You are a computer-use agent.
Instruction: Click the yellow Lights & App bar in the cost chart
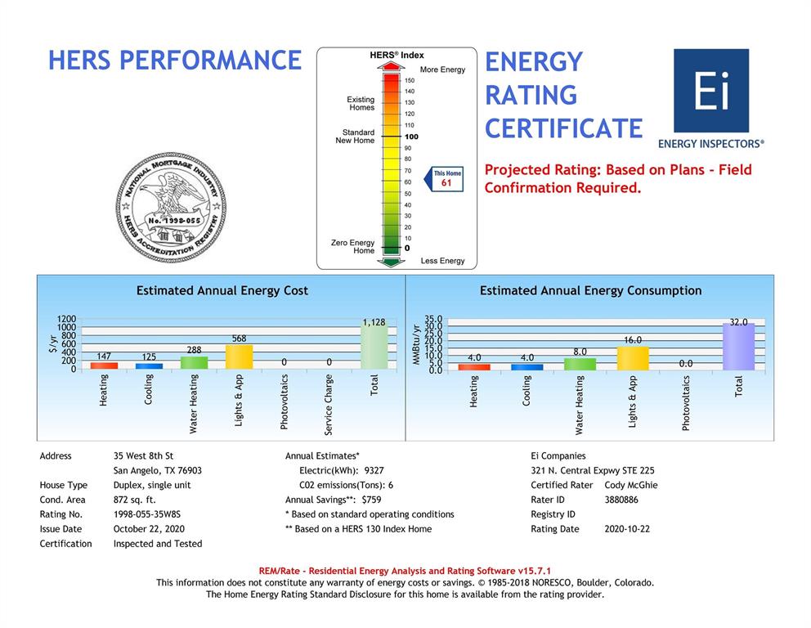[239, 357]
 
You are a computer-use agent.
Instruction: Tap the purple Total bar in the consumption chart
[738, 347]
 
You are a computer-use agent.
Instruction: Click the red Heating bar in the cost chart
[104, 366]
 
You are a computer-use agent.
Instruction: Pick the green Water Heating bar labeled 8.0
[580, 364]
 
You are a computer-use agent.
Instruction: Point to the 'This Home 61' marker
[446, 178]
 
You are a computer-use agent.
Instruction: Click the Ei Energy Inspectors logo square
[710, 91]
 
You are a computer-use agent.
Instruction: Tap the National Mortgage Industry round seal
[170, 208]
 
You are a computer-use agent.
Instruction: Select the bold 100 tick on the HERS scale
[411, 137]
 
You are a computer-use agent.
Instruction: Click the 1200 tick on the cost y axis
[66, 320]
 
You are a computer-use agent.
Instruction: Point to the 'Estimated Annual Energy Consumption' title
[590, 290]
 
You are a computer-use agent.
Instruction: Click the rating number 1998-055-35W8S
[147, 514]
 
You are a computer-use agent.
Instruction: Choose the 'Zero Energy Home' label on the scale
[352, 247]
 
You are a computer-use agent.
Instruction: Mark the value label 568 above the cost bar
[239, 339]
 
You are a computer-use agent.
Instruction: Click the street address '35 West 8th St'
[143, 455]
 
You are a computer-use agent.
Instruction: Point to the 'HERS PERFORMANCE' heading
[175, 61]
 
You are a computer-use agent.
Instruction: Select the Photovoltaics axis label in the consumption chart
[686, 402]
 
